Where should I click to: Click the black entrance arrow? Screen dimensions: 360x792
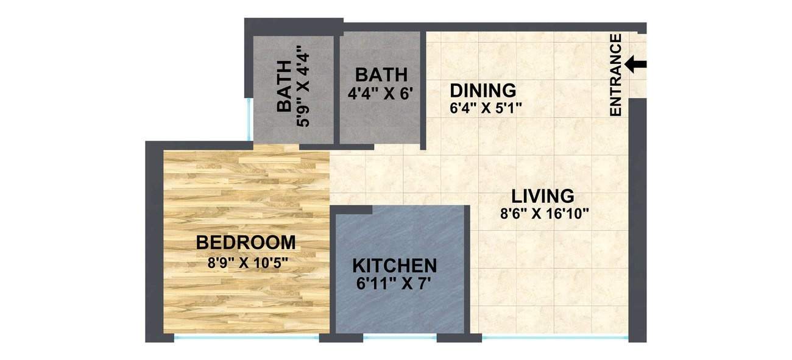point(635,64)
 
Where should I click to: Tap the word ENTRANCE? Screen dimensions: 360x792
point(615,75)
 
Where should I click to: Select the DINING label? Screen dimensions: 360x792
point(483,91)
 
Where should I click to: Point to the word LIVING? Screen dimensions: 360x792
point(542,196)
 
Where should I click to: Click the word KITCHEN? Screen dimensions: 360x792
point(395,266)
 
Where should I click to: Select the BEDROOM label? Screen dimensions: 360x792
point(246,242)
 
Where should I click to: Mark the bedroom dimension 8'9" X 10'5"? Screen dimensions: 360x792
point(247,263)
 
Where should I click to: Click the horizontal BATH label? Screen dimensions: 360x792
point(381,75)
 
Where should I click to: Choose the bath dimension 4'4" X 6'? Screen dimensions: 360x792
point(381,94)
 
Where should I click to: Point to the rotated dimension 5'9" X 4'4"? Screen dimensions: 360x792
point(303,89)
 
